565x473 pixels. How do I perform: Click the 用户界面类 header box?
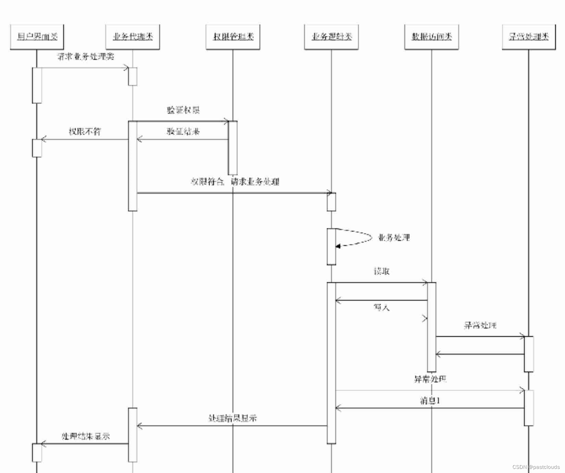(x=37, y=37)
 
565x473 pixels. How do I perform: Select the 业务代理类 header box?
(x=133, y=37)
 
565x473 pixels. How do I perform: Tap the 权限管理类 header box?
(x=233, y=37)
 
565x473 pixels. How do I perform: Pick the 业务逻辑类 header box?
(x=331, y=37)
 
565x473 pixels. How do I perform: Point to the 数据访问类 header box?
(x=431, y=37)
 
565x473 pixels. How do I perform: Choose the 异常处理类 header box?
(x=528, y=37)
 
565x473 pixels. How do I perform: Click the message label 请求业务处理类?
(x=85, y=57)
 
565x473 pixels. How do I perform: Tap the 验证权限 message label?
(x=183, y=110)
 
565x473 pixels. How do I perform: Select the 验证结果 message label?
(x=183, y=131)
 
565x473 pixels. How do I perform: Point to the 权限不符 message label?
(x=85, y=131)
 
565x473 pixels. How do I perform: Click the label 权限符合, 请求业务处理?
(x=235, y=181)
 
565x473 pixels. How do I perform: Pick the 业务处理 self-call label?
(x=394, y=238)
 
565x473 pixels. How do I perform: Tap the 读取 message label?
(x=381, y=271)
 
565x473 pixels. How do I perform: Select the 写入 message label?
(x=381, y=307)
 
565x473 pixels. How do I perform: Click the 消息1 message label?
(x=430, y=400)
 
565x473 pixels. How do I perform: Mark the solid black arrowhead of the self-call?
(x=338, y=246)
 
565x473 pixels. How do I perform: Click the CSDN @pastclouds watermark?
(x=536, y=467)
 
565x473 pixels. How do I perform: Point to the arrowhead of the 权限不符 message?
(x=43, y=139)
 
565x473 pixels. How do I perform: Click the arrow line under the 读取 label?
(x=381, y=283)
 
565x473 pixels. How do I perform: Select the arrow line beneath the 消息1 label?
(x=430, y=408)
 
